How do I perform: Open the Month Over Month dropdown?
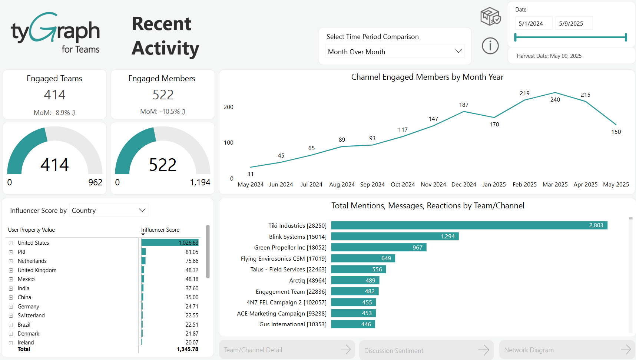coord(395,52)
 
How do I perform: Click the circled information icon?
coord(490,46)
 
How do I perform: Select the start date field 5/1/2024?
coord(533,23)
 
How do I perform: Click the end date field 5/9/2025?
coord(573,23)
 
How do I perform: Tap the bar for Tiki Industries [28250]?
coord(469,225)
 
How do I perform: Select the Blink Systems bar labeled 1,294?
coord(395,237)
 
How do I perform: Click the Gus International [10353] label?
coord(293,324)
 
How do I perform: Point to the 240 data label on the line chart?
coord(555,99)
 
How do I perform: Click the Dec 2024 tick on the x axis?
coord(464,185)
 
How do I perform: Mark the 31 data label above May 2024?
coord(251,174)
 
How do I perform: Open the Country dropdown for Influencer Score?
coord(109,210)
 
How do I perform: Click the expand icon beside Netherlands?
coord(11,261)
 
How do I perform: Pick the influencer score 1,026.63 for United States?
coord(188,243)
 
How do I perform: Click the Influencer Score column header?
coord(160,230)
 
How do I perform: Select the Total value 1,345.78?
coord(188,349)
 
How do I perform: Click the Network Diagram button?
coord(567,350)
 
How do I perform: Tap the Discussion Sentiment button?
coord(426,350)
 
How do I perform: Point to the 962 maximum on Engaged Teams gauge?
coord(95,182)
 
